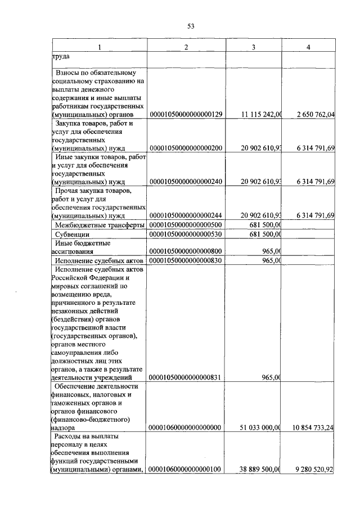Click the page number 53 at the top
191,26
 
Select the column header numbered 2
186,46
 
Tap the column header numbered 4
308,46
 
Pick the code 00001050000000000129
186,115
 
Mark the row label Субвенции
73,234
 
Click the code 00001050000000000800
186,251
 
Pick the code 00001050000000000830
186,260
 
